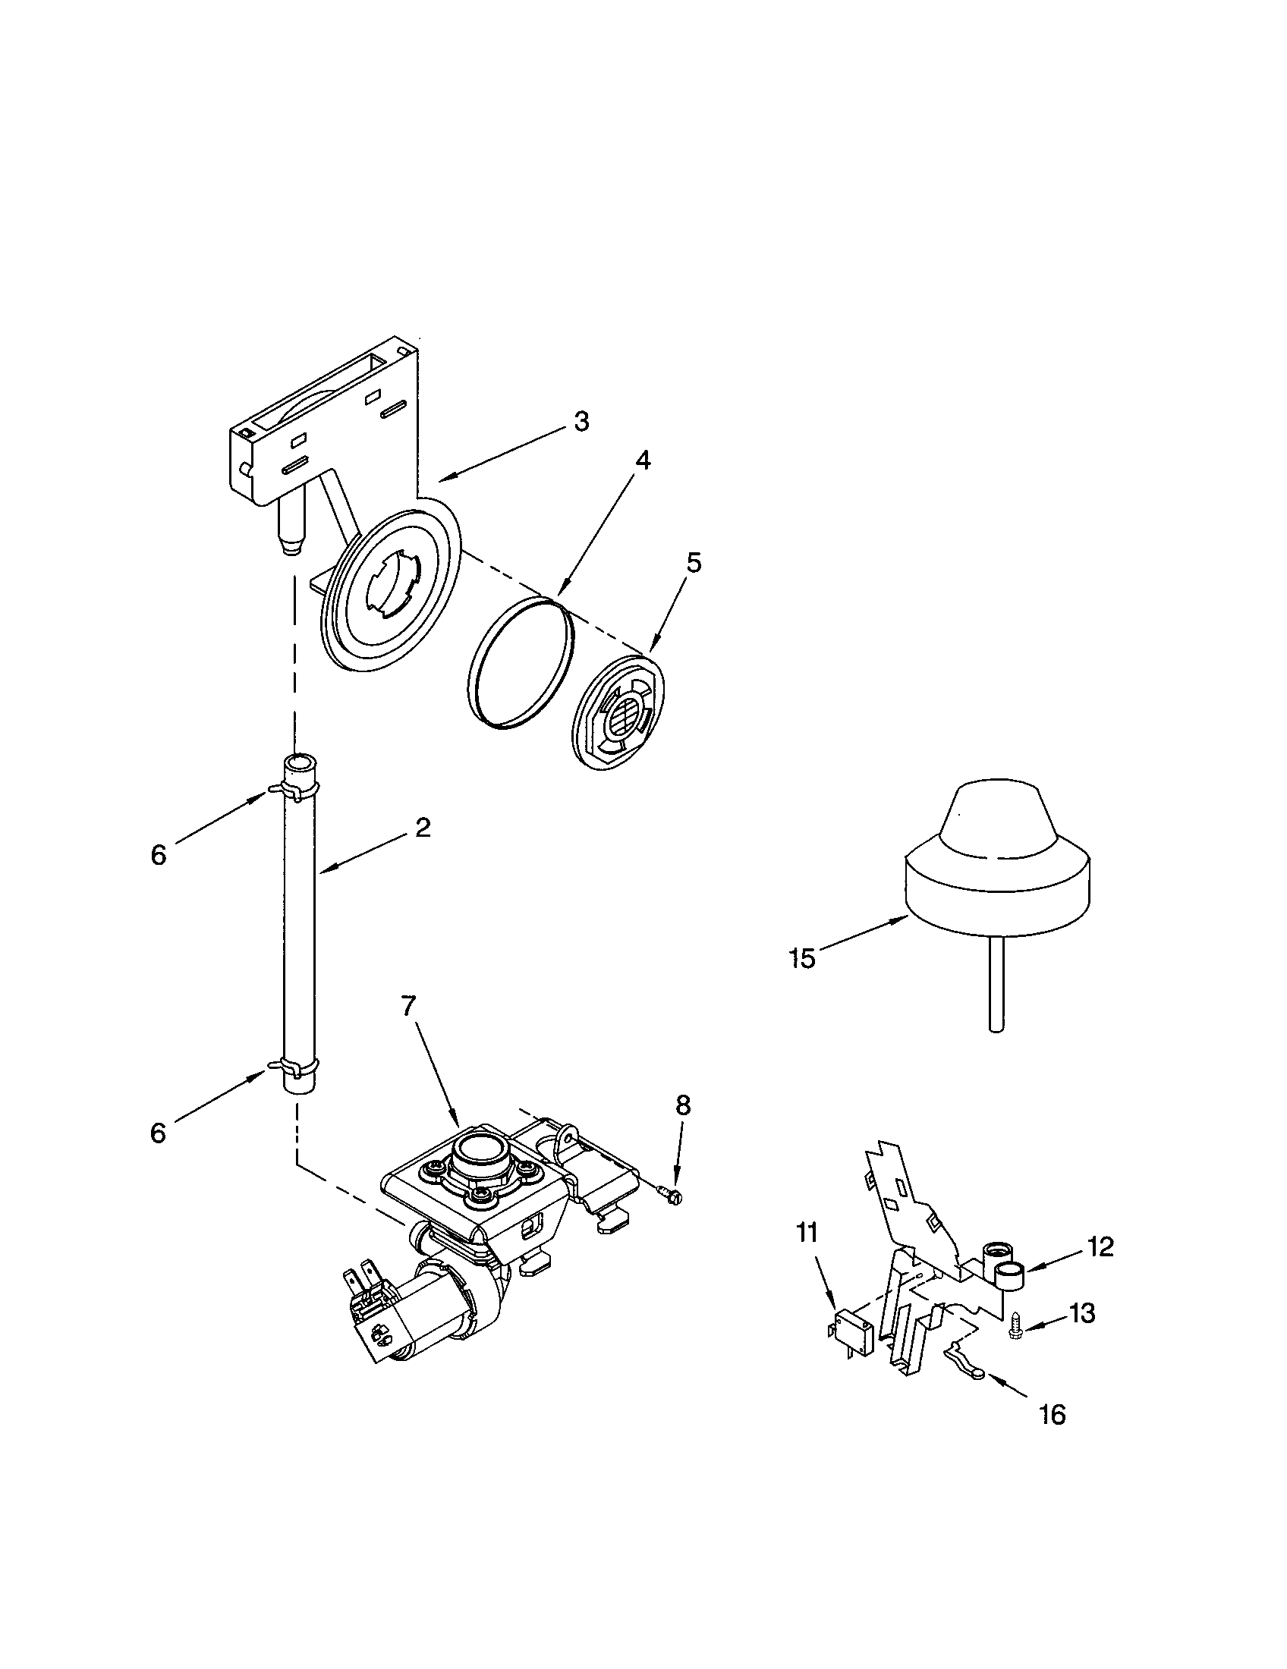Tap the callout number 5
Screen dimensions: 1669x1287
point(693,562)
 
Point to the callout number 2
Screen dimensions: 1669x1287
point(423,827)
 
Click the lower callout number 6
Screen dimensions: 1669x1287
point(158,1133)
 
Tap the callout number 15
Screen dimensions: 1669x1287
point(802,959)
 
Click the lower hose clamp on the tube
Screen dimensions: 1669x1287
point(294,1064)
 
